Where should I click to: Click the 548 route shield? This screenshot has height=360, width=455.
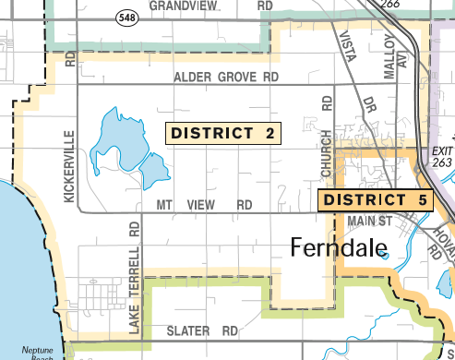126,18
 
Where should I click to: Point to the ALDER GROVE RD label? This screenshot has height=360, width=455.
226,78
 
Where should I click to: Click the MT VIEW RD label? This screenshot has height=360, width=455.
204,204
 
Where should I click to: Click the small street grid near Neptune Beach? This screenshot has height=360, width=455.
97,295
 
